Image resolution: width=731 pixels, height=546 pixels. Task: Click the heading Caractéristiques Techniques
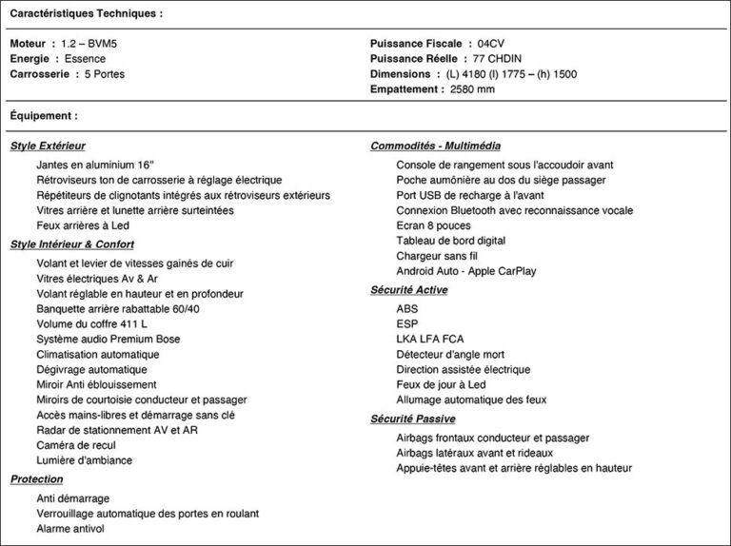click(86, 13)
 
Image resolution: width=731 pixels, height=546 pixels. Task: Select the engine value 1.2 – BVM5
click(89, 44)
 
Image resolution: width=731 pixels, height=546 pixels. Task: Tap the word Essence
click(86, 59)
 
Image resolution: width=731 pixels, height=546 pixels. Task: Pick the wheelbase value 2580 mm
click(472, 89)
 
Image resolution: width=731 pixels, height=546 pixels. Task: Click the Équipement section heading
click(44, 116)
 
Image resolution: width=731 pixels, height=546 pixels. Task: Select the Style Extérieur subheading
click(48, 146)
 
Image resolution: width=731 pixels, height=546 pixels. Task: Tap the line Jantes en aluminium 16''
click(95, 165)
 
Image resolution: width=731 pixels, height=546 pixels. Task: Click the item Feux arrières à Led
click(83, 225)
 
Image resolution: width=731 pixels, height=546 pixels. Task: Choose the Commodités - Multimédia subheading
click(435, 146)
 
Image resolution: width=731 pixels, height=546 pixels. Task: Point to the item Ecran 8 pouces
click(433, 225)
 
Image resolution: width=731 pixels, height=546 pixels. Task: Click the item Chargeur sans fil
click(437, 256)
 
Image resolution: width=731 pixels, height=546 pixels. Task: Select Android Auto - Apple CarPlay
click(465, 271)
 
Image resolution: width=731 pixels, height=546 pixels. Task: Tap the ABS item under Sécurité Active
click(407, 309)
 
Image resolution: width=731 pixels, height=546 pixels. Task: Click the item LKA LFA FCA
click(430, 340)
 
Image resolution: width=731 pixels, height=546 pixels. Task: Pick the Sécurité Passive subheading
click(412, 419)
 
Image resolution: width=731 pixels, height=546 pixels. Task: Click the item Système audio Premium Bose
click(109, 340)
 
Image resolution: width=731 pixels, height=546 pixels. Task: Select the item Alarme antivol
click(70, 529)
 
